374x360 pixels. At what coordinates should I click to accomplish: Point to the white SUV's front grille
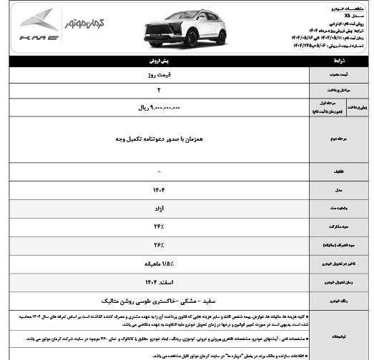pyautogui.click(x=164, y=29)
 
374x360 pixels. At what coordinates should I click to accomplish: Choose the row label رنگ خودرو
pyautogui.click(x=340, y=301)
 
